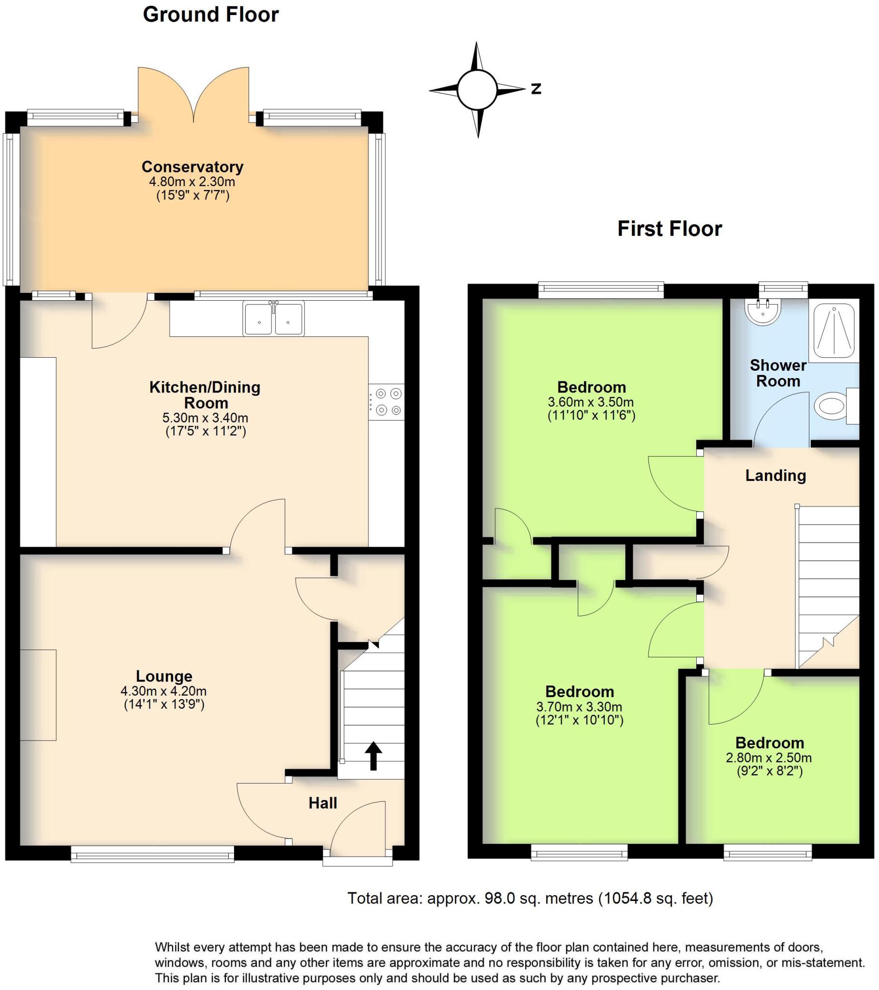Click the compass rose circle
pyautogui.click(x=477, y=90)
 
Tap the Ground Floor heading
pyautogui.click(x=211, y=15)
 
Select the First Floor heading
pyautogui.click(x=669, y=229)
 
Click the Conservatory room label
pyautogui.click(x=192, y=167)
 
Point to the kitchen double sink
pyautogui.click(x=274, y=318)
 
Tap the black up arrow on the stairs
pyautogui.click(x=373, y=755)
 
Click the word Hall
pyautogui.click(x=322, y=803)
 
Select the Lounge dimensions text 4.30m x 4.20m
pyautogui.click(x=164, y=691)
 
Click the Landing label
pyautogui.click(x=776, y=476)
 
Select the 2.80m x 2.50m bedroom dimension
pyautogui.click(x=769, y=757)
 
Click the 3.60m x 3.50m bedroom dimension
pyautogui.click(x=591, y=402)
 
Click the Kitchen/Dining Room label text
pyautogui.click(x=205, y=395)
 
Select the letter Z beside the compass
pyautogui.click(x=536, y=88)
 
